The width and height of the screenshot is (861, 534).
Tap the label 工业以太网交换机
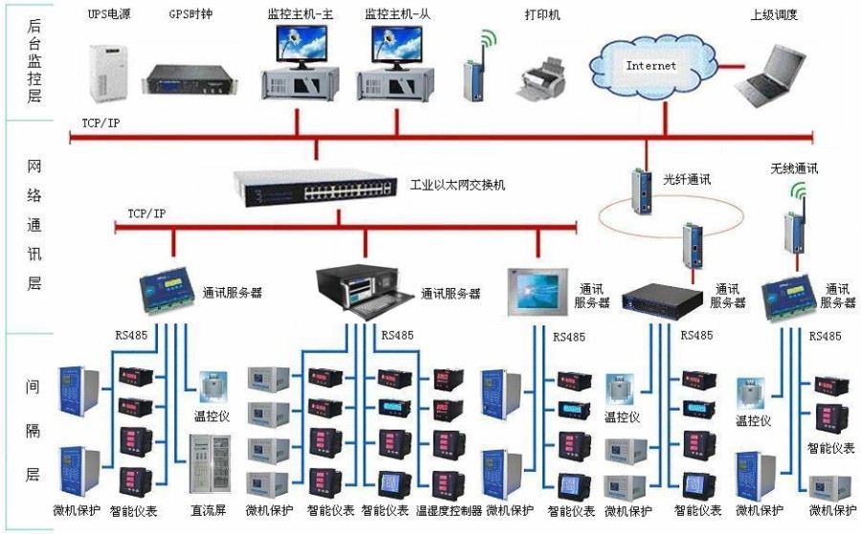pyautogui.click(x=457, y=184)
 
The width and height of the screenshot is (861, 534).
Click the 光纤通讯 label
pyautogui.click(x=687, y=179)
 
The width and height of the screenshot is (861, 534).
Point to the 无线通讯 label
pyautogui.click(x=794, y=167)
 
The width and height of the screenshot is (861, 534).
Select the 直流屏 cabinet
pyautogui.click(x=210, y=464)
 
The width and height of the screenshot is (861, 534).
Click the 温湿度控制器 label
pyautogui.click(x=449, y=511)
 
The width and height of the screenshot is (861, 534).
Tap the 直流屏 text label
pyautogui.click(x=208, y=511)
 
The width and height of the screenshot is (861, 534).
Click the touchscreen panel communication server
pyautogui.click(x=534, y=289)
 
